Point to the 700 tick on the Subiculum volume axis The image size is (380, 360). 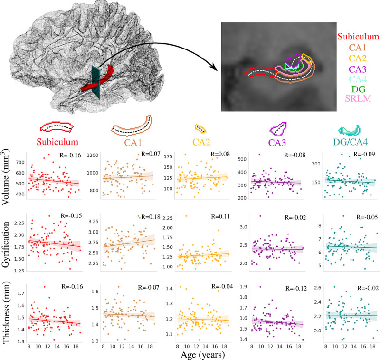[x=22, y=162]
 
